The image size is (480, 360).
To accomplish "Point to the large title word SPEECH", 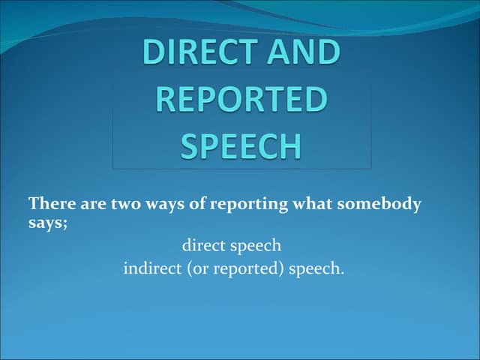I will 243,145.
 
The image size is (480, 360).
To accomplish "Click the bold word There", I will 49,204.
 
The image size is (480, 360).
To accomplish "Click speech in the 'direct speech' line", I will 257,246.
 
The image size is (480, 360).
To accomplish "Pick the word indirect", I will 151,267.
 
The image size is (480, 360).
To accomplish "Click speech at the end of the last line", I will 316,268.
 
